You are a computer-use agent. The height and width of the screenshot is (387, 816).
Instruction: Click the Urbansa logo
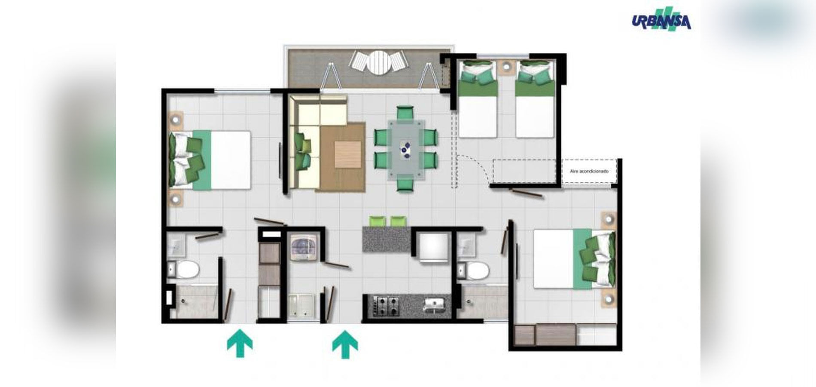coord(661,21)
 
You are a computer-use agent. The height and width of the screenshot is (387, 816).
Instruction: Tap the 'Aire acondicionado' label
coord(589,171)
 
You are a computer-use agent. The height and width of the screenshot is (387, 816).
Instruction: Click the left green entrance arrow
coord(240,343)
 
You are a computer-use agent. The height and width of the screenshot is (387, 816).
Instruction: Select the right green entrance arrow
coord(345,344)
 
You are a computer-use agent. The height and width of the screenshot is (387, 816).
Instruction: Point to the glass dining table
coord(405,148)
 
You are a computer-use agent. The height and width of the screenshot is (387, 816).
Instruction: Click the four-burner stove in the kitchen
coord(386,306)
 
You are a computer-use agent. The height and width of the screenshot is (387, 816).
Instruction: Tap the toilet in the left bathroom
coord(187,270)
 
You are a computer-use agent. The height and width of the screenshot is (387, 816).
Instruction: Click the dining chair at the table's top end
coord(405,113)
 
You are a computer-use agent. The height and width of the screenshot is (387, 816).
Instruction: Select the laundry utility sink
coord(301,305)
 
